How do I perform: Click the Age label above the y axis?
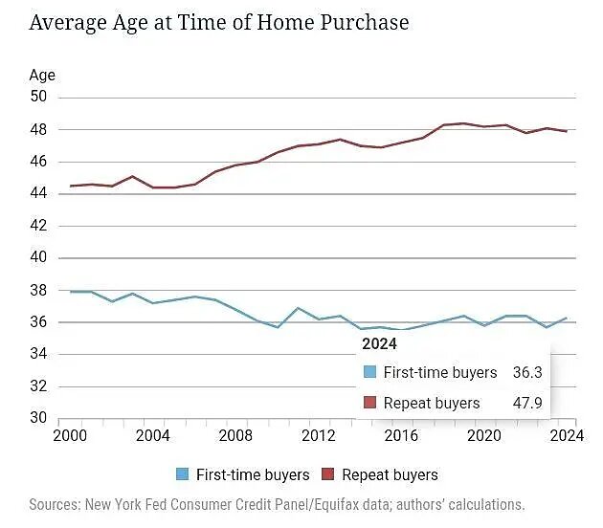42,75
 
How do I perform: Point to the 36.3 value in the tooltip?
527,373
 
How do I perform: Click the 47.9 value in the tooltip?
527,404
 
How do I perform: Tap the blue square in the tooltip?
369,373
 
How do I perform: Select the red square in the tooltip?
369,404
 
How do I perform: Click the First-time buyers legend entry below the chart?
244,474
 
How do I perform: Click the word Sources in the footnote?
56,504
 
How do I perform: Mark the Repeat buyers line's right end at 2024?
568,132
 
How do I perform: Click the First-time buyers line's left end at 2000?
71,292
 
